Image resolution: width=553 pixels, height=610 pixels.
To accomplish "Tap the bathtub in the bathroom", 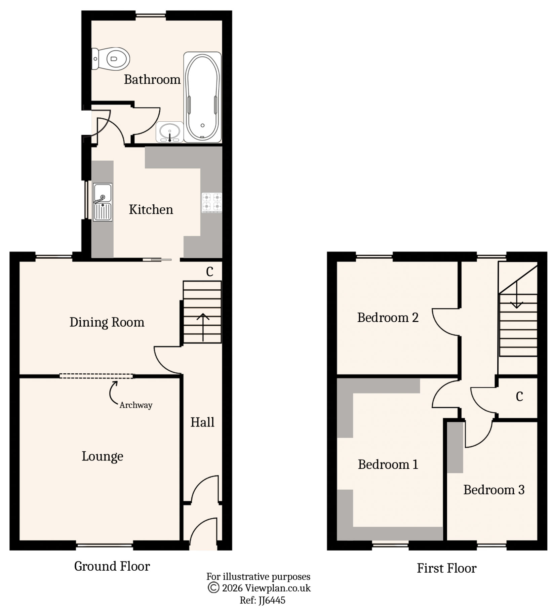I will [x=202, y=97].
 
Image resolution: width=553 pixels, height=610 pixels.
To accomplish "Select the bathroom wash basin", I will [x=170, y=132].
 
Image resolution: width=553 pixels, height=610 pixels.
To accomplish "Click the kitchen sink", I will [x=103, y=202].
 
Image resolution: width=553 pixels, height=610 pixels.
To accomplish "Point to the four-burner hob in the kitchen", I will [x=212, y=202].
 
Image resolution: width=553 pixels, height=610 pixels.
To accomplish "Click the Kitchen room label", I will [x=151, y=210].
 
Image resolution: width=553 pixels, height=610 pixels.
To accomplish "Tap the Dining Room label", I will [x=107, y=322].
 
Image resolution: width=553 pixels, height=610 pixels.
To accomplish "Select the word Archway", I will [x=136, y=405].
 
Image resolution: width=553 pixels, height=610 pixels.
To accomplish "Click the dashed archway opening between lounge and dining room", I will [x=96, y=376].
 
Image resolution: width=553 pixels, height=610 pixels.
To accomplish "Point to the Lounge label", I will [x=103, y=456].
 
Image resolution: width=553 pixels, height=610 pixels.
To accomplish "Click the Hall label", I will [x=202, y=422].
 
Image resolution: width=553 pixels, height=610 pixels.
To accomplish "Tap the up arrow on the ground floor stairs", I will [x=203, y=326].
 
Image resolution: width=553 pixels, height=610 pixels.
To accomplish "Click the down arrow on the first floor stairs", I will [x=516, y=296].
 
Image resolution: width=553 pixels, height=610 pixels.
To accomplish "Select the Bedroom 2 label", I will [x=388, y=318].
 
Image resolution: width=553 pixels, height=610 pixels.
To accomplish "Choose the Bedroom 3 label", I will [x=494, y=490].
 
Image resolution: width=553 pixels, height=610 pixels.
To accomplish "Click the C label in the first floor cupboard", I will [x=519, y=397].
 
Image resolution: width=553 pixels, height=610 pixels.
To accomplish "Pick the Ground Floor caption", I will [x=112, y=566].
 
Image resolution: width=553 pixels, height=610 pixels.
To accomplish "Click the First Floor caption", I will [x=447, y=568].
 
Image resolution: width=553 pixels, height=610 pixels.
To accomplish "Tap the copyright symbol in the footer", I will [x=213, y=588].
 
